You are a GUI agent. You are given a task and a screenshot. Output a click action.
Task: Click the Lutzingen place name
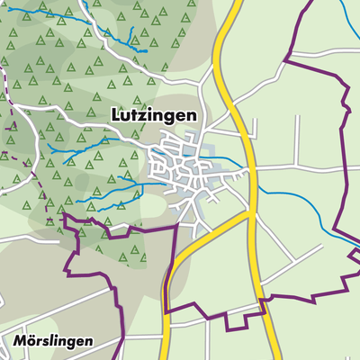tap(155, 115)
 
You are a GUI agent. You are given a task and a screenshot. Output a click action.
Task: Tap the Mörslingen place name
tap(56, 343)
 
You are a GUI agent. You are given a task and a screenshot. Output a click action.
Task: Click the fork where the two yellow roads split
tap(250, 216)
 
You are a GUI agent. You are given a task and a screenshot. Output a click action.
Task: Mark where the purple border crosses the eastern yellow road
tap(263, 301)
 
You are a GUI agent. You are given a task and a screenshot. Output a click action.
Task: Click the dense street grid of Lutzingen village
tap(184, 166)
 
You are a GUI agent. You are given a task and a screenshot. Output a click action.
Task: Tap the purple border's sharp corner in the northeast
tap(286, 59)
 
